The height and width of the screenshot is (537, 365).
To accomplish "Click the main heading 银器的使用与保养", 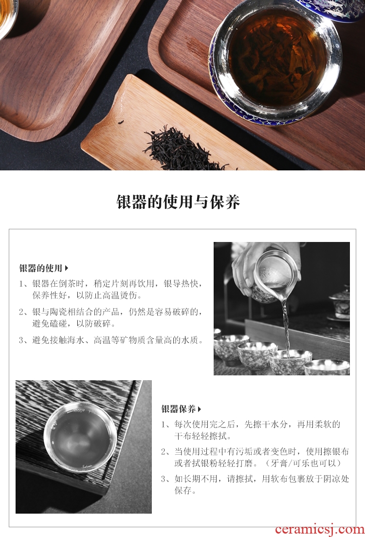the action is [178, 202].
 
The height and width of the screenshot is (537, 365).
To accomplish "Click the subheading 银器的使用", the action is [41, 268].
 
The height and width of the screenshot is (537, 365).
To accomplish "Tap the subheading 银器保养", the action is [179, 408].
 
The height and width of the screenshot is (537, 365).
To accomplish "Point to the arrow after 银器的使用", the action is [66, 268].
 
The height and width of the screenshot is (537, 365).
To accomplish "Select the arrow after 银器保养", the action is [199, 409].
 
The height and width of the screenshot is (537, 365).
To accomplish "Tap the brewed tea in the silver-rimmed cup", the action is [276, 57].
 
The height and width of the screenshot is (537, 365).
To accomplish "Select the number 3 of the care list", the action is [164, 479].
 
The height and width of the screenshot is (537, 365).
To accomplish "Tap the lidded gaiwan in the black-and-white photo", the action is [339, 305].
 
